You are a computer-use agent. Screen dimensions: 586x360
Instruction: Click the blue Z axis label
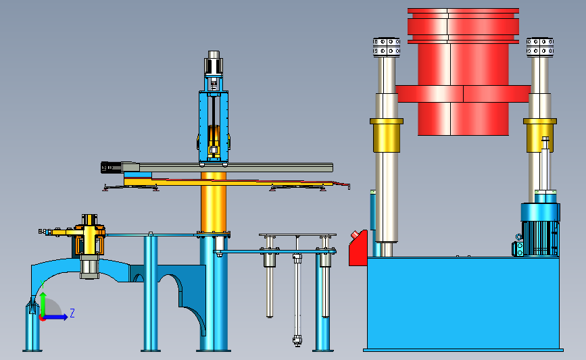[72, 313]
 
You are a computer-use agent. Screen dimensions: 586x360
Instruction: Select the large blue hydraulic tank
[463, 304]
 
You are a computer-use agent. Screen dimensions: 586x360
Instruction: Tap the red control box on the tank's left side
[358, 249]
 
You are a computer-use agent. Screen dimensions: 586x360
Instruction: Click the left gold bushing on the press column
[387, 135]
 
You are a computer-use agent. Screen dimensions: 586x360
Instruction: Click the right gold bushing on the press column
[540, 135]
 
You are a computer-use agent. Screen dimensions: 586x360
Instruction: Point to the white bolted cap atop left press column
[387, 47]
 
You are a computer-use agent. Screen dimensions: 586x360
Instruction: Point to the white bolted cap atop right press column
[540, 47]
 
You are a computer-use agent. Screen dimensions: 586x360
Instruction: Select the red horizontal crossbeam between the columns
[463, 94]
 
